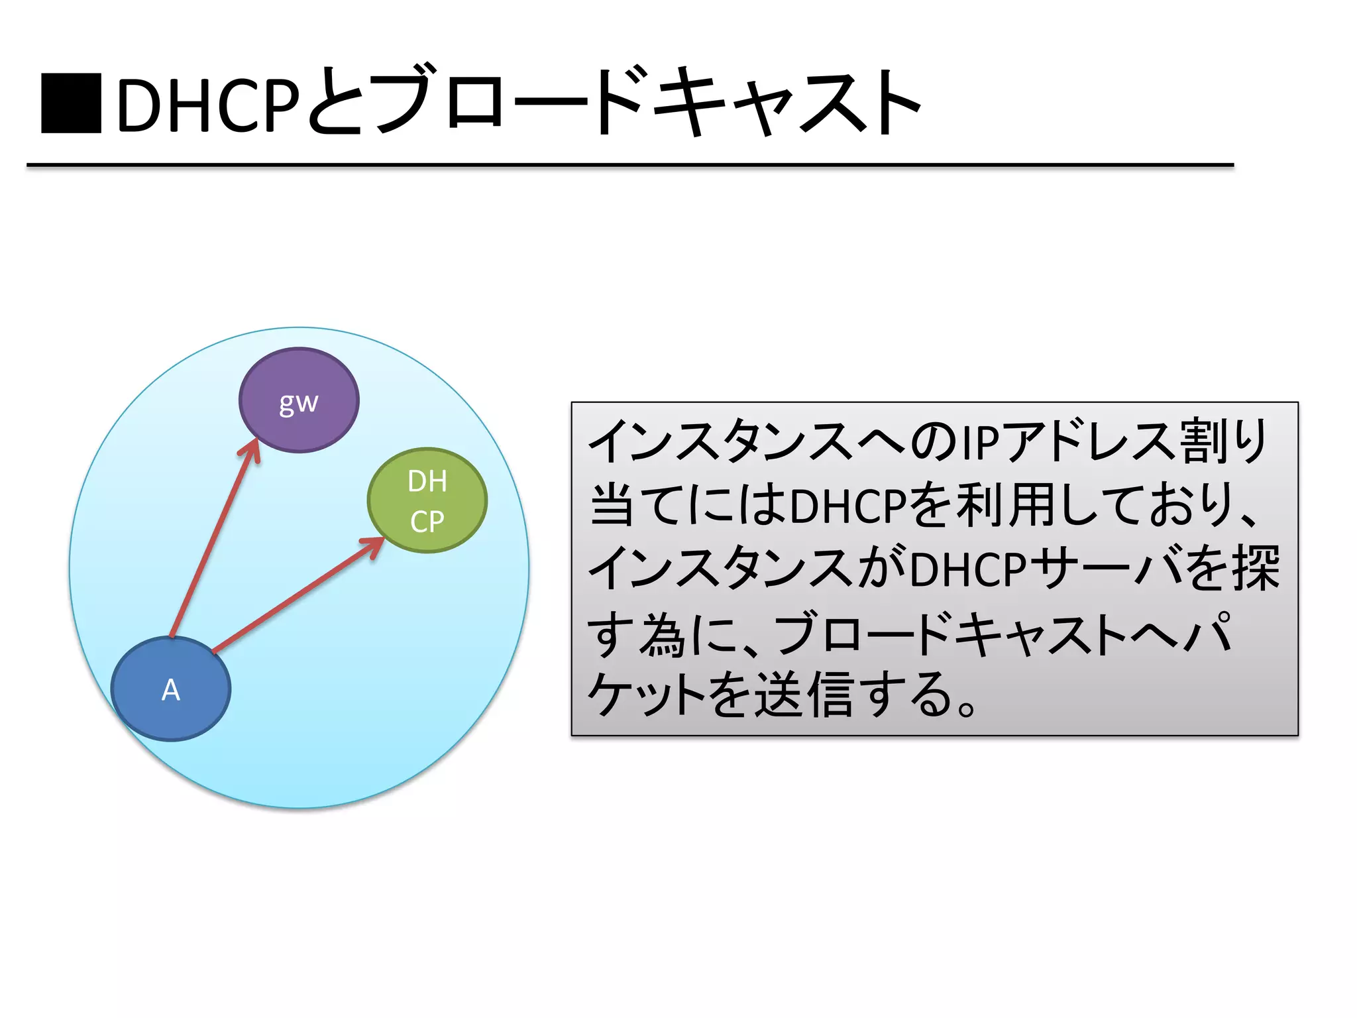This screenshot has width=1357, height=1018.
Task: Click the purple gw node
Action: click(x=299, y=400)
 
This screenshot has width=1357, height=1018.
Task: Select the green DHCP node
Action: click(x=427, y=500)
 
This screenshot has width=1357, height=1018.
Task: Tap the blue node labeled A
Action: click(x=171, y=689)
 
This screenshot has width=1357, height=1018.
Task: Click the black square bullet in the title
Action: click(x=71, y=104)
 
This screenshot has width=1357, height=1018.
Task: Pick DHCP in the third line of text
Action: click(x=968, y=570)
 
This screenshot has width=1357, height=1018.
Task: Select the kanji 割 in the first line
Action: click(x=1203, y=441)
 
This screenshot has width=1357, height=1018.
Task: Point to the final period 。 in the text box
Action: click(x=966, y=709)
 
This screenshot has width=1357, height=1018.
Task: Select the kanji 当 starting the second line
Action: click(x=612, y=506)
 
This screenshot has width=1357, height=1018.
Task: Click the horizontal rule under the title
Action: click(x=629, y=164)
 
